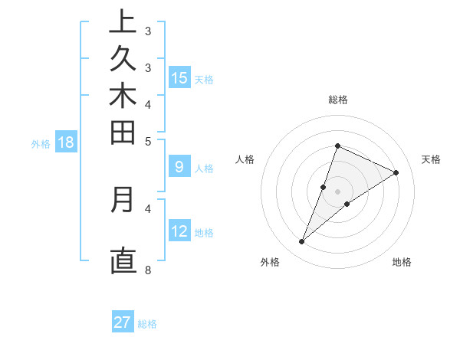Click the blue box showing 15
click(x=179, y=77)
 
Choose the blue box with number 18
click(x=66, y=142)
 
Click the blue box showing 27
click(x=123, y=322)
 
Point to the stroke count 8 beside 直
click(x=148, y=270)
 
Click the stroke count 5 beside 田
click(x=148, y=141)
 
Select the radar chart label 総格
click(x=337, y=100)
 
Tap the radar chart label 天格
click(x=431, y=159)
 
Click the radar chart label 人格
click(x=245, y=159)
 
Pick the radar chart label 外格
click(x=269, y=262)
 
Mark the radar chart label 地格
click(x=402, y=262)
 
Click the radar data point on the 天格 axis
click(x=396, y=173)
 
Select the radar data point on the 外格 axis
click(x=302, y=242)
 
